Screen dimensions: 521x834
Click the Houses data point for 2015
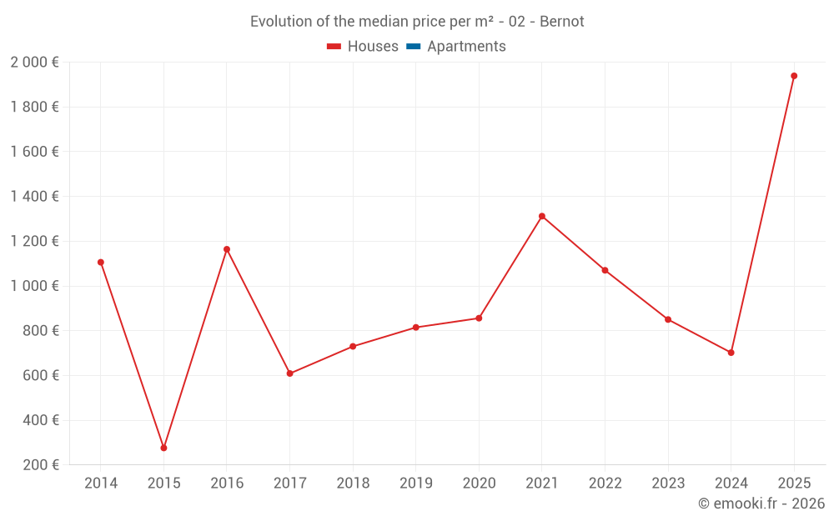point(163,448)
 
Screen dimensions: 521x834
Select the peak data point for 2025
point(794,76)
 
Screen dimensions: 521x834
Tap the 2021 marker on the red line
point(542,216)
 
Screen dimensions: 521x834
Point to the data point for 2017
point(289,373)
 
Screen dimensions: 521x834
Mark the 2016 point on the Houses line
point(227,249)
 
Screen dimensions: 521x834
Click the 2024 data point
point(731,353)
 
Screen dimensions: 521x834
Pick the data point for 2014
point(101,263)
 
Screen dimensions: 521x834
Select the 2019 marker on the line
point(416,328)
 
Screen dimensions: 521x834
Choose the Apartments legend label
point(466,47)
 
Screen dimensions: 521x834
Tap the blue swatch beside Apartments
point(412,47)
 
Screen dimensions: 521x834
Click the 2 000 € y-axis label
point(34,62)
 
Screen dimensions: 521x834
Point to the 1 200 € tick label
point(34,241)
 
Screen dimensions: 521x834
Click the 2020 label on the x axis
point(479,483)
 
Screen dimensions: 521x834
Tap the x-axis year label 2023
point(668,483)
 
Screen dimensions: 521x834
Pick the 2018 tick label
point(353,483)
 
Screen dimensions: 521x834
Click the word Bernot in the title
point(562,21)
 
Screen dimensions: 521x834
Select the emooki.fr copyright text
point(761,503)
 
